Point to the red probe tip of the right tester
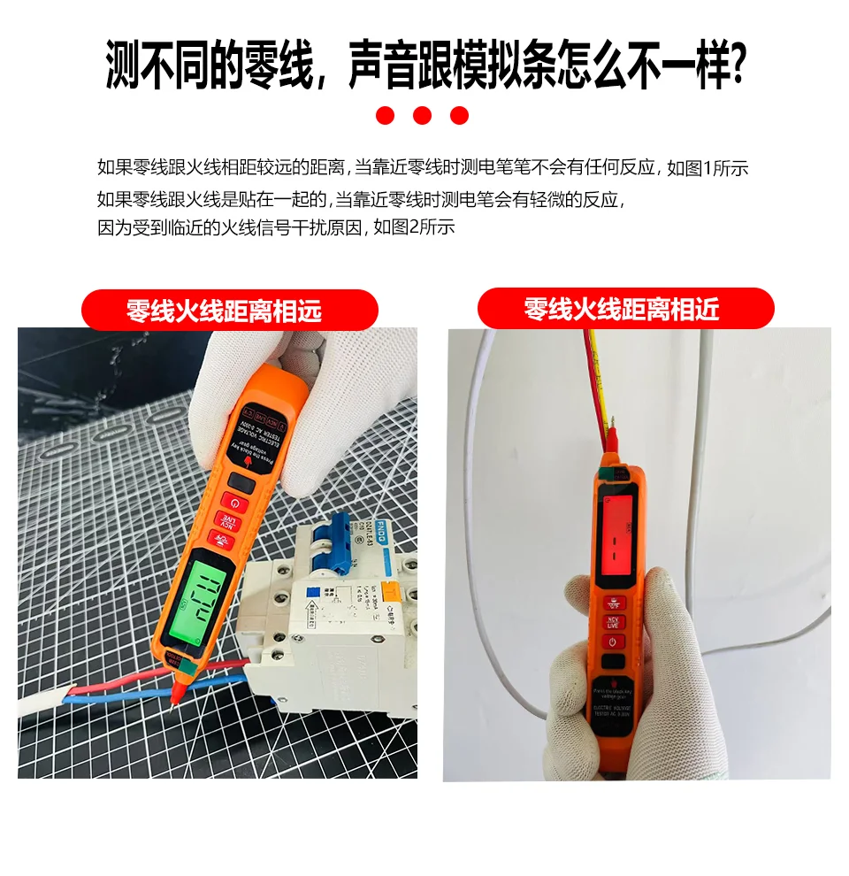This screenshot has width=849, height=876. [x=611, y=436]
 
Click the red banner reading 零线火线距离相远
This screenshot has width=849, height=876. [x=229, y=311]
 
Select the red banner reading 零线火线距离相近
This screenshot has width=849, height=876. [x=625, y=309]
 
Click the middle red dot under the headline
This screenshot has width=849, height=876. [x=422, y=115]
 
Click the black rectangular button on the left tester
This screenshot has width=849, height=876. [x=244, y=482]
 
